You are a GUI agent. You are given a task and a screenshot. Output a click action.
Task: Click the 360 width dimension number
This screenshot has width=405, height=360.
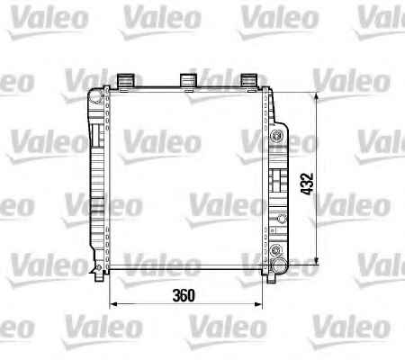tap(184, 295)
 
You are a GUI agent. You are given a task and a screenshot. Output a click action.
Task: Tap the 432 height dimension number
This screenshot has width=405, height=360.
tap(307, 184)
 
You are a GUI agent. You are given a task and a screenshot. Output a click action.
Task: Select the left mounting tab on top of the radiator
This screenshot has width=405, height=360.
tap(125, 80)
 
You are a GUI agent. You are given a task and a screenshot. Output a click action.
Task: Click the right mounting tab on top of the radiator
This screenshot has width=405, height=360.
tap(249, 80)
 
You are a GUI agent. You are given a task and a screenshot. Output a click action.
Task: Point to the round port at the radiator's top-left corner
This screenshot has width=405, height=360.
tap(96, 95)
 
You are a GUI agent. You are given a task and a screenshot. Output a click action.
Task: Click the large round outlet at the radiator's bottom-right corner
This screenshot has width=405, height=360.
tap(278, 265)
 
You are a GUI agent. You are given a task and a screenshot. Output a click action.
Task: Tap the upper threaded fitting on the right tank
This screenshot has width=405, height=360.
tap(276, 136)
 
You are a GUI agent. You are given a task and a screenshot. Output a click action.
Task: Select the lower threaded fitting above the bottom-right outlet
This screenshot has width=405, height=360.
tap(276, 249)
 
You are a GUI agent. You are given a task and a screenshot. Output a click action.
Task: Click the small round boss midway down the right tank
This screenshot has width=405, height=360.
tap(282, 219)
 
